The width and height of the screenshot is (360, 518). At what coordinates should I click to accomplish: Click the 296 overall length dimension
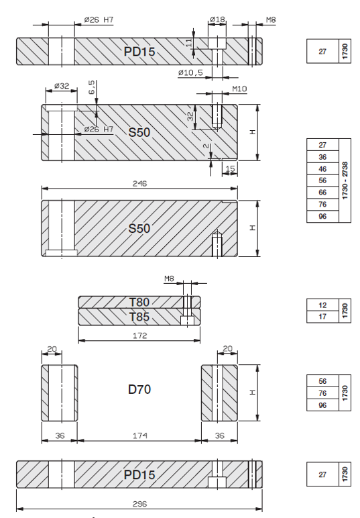point(139,504)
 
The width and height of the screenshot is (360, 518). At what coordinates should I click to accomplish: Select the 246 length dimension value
point(139,183)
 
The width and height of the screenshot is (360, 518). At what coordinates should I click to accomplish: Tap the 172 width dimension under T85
point(139,335)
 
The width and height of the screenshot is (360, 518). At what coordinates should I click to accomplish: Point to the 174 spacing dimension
point(140,435)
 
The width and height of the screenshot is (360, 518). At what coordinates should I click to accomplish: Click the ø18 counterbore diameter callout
point(217,19)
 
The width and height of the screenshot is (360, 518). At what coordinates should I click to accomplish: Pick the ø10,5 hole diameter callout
point(190,72)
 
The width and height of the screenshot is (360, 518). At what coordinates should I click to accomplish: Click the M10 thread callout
point(239,89)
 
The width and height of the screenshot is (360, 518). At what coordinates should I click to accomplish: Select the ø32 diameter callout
point(62,86)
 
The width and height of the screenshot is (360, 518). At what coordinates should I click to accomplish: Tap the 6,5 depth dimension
point(91,87)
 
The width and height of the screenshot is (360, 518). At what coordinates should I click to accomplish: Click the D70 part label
point(139,389)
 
